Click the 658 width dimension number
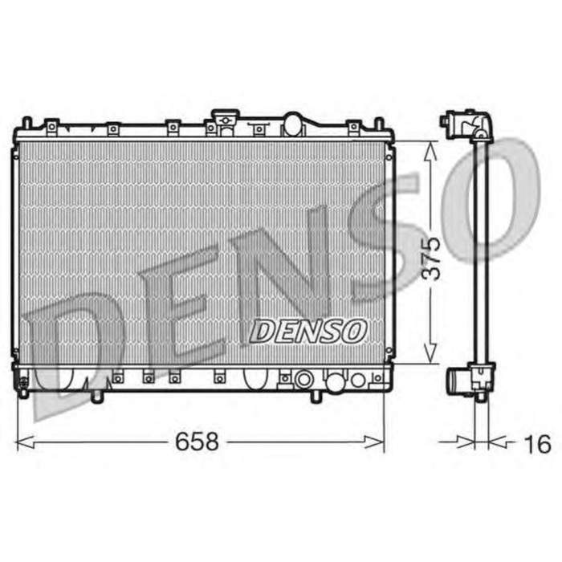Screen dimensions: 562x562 (x=196, y=442)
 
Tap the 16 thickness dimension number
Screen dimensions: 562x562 (x=540, y=442)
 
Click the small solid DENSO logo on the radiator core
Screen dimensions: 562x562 (x=309, y=329)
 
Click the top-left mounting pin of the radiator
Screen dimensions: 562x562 (x=26, y=123)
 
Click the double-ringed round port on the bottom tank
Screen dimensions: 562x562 (x=303, y=379)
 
